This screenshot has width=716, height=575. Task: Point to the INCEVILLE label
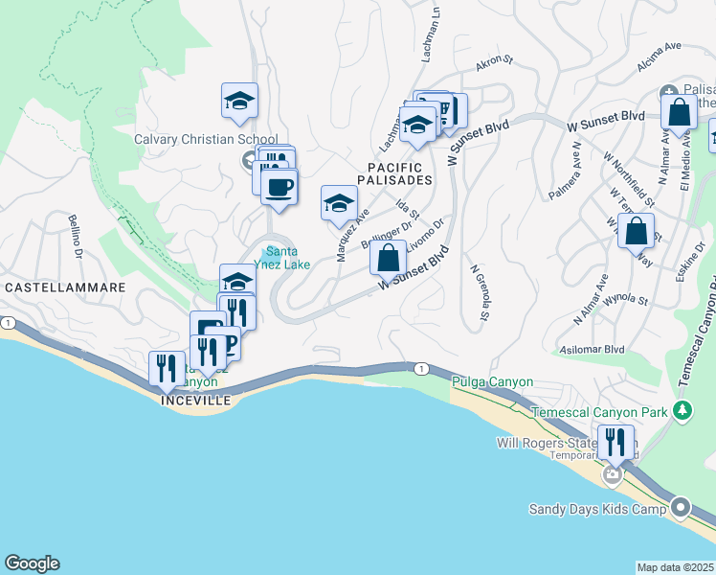pyautogui.click(x=196, y=400)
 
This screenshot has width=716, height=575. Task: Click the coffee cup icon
pyautogui.click(x=279, y=187)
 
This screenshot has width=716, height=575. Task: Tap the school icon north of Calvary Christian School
pyautogui.click(x=239, y=101)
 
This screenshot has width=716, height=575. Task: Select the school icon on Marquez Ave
pyautogui.click(x=339, y=203)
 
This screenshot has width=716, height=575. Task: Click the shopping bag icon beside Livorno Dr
pyautogui.click(x=388, y=259)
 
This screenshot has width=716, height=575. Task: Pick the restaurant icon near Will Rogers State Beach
pyautogui.click(x=615, y=443)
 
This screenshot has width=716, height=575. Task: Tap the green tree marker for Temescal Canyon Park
pyautogui.click(x=682, y=411)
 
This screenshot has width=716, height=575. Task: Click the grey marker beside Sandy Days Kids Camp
pyautogui.click(x=681, y=507)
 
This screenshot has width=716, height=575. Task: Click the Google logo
pyautogui.click(x=32, y=563)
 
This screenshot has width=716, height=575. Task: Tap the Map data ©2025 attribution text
pyautogui.click(x=675, y=567)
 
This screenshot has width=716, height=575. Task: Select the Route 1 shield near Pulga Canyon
pyautogui.click(x=420, y=368)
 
